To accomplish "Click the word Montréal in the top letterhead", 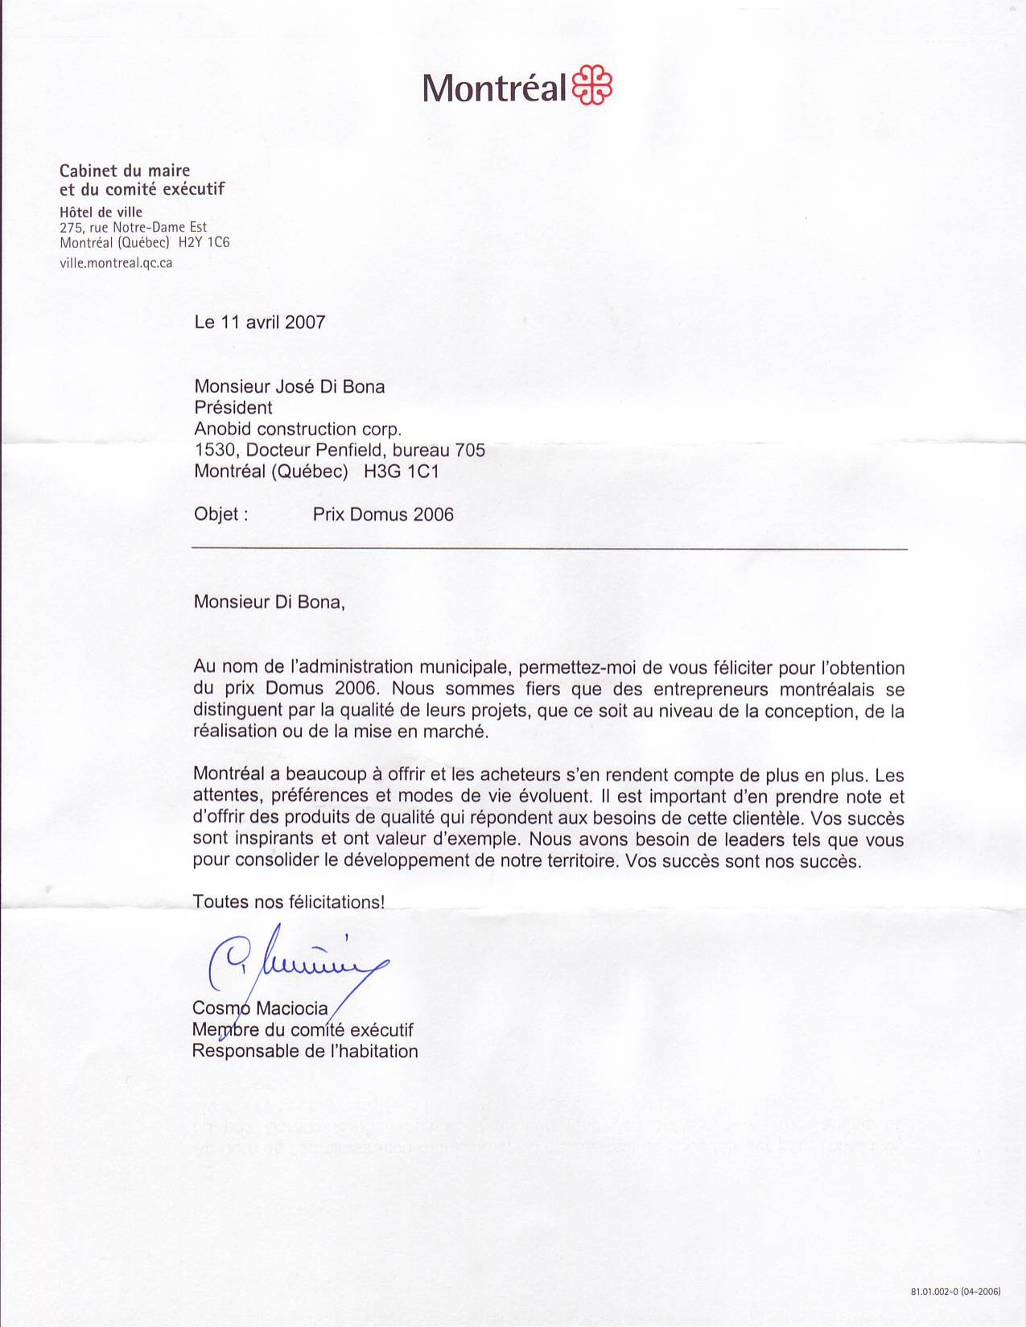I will tap(495, 87).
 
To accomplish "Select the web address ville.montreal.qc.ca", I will tap(116, 262).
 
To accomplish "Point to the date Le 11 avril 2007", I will tap(260, 323).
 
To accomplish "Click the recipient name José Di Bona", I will tap(329, 386).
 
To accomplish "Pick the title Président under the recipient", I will tap(233, 408).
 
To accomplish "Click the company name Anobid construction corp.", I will tap(298, 429).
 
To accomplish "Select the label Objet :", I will tap(220, 514).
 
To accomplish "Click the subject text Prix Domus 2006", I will tap(383, 514).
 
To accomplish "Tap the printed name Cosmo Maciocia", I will tap(260, 1008).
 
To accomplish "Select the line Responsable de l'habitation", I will tap(305, 1051).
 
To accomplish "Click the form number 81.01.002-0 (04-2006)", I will tap(955, 1292).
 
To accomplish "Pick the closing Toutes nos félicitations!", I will tap(289, 902).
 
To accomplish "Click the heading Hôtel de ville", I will tap(101, 212).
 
